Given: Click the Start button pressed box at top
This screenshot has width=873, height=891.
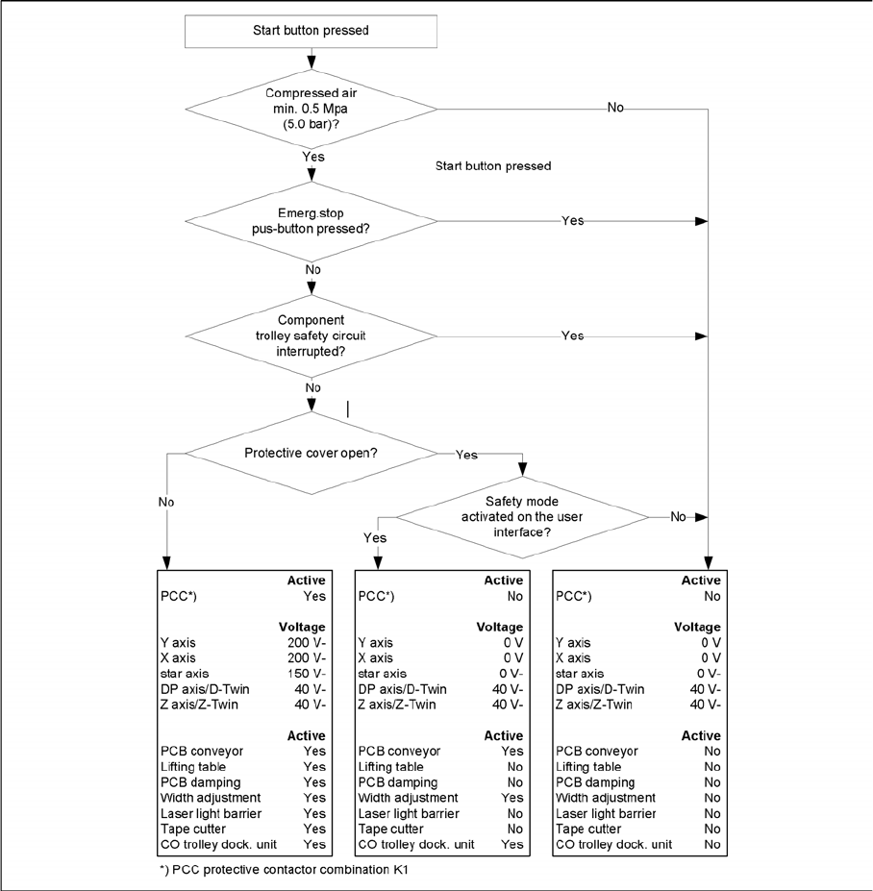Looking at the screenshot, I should click(x=311, y=31).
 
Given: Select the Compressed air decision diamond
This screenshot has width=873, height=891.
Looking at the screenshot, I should click(x=311, y=108).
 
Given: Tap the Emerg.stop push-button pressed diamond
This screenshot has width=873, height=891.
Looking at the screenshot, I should click(x=311, y=220).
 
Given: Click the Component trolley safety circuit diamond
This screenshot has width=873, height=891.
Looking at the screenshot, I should click(x=311, y=335).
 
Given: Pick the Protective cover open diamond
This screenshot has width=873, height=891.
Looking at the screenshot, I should click(x=311, y=454).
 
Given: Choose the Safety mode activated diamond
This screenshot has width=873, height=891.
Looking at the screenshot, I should click(x=522, y=516).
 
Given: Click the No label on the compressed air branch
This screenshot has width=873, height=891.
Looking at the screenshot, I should click(x=615, y=108).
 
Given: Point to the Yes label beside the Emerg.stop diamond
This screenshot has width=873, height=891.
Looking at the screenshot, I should click(x=572, y=220).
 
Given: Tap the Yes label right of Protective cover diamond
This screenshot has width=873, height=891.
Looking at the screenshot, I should click(x=466, y=454).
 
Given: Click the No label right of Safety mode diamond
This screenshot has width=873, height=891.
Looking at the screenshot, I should click(x=678, y=516).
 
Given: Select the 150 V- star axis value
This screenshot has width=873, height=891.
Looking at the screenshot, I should click(x=307, y=674).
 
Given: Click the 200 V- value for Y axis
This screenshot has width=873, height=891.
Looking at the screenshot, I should click(x=307, y=642).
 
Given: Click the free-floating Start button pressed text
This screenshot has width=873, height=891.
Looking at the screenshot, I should click(x=493, y=166).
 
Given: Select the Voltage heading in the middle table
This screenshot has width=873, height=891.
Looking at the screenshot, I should click(x=500, y=627).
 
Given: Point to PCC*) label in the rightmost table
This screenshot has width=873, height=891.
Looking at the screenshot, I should click(x=574, y=596).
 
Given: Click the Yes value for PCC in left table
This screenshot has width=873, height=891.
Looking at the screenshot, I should click(x=314, y=596).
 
